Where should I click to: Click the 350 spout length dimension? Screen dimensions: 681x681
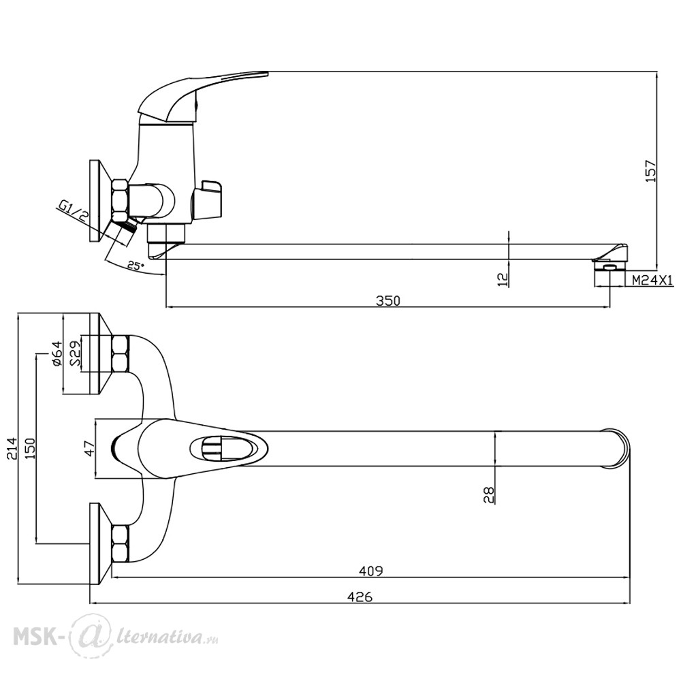(x=388, y=300)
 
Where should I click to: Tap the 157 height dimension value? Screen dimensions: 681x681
(x=650, y=171)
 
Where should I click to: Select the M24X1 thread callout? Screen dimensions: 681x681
(x=652, y=281)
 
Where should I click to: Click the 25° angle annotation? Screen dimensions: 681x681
(x=136, y=266)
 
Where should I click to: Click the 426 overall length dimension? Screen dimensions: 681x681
(x=360, y=597)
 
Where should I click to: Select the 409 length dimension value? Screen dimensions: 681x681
(x=371, y=571)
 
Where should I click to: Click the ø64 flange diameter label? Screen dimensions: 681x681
(x=57, y=353)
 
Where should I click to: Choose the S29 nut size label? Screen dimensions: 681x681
(x=74, y=353)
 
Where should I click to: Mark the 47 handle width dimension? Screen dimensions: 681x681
(x=89, y=449)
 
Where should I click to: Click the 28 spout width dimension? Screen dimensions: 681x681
(x=488, y=494)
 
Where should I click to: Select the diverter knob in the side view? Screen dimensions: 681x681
(x=208, y=199)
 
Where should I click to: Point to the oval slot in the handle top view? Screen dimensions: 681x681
(x=229, y=448)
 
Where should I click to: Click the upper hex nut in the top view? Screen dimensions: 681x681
(x=121, y=353)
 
